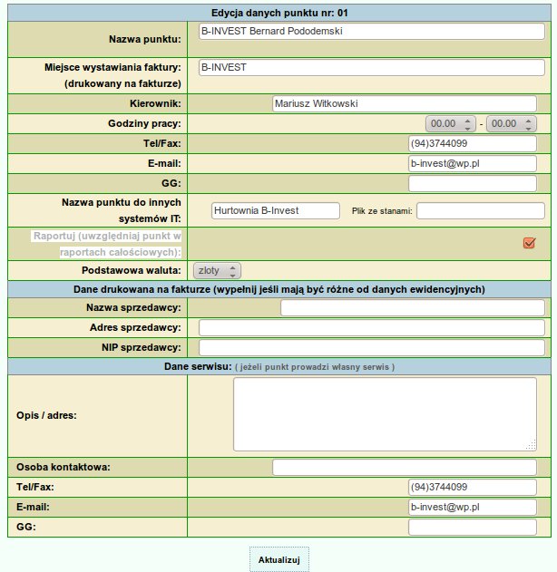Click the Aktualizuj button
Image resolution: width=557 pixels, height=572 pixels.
click(278, 559)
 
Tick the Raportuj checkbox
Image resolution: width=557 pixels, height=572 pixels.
click(529, 242)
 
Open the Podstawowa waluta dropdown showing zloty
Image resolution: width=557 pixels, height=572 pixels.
click(218, 270)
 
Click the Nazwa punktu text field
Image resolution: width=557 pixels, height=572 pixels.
click(371, 31)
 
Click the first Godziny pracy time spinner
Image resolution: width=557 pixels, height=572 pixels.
click(451, 123)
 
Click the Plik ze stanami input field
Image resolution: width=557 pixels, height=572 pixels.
click(480, 210)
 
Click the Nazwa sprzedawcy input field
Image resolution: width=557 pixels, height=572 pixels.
click(412, 308)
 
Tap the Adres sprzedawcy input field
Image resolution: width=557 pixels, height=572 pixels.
click(371, 328)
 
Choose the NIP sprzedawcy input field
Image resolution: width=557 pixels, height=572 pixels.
click(371, 348)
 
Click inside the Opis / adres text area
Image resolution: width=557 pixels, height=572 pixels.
click(385, 413)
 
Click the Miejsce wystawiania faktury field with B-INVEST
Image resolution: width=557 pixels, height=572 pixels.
click(371, 68)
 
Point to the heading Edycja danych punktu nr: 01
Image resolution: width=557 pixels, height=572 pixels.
click(278, 14)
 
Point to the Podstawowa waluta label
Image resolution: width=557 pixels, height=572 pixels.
click(132, 270)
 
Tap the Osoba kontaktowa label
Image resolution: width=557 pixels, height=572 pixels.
click(64, 468)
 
